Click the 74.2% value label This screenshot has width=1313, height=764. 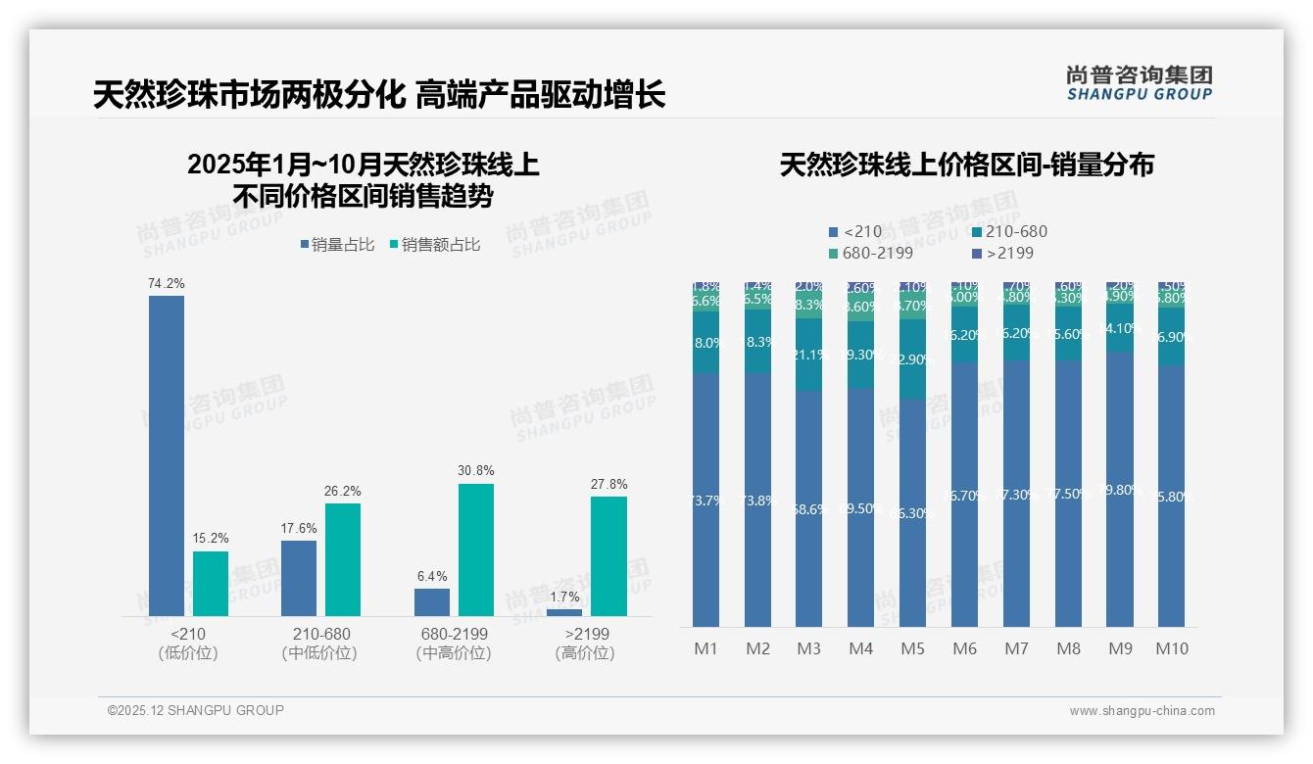(167, 283)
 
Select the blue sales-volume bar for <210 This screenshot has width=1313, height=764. (167, 455)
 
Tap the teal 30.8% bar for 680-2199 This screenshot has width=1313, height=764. (475, 549)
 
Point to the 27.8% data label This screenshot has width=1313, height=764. (608, 484)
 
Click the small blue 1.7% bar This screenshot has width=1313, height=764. (564, 612)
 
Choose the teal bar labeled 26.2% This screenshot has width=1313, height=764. (343, 559)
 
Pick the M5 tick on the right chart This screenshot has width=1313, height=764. (912, 648)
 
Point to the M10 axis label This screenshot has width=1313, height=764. (1172, 648)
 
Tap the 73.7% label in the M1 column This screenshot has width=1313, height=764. (705, 501)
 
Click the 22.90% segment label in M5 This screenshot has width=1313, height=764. (913, 359)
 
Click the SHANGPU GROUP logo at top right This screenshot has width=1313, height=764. (1139, 83)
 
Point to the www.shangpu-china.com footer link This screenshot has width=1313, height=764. (1142, 711)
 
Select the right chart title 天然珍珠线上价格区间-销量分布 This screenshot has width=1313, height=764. (966, 165)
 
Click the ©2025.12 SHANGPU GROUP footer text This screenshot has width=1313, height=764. (196, 710)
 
